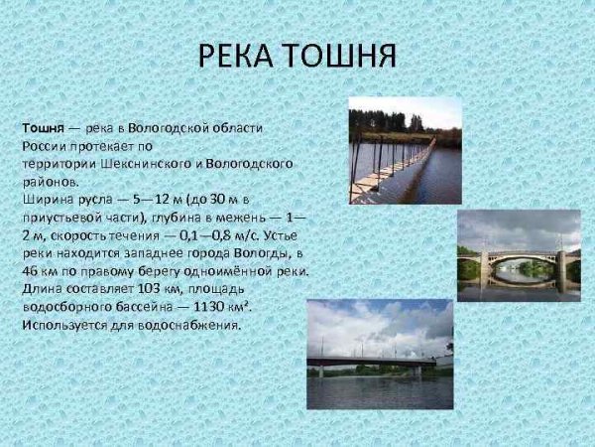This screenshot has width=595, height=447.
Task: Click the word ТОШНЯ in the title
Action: point(339,56)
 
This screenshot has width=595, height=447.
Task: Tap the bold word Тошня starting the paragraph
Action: point(44,128)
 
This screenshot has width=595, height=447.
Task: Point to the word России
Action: point(46,146)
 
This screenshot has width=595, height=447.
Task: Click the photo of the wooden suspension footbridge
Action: point(405,150)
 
